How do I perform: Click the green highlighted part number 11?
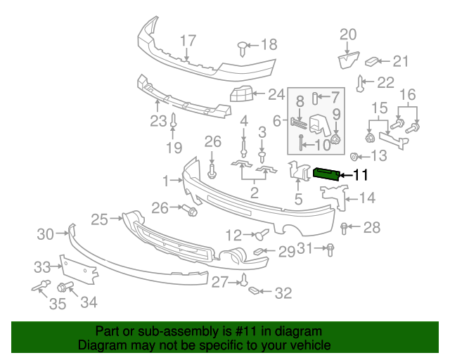coord(326,174)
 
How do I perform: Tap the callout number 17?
coord(187,40)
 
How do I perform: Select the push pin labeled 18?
coord(243,46)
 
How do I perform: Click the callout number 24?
coord(276,94)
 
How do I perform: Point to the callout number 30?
coord(45,234)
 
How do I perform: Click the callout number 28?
coord(371,227)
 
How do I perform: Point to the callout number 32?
coord(283,293)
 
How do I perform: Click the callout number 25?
coord(98,219)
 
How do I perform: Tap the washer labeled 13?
coord(354,156)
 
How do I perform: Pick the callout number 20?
coord(349,34)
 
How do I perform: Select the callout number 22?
coord(385,83)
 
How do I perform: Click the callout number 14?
coord(368,199)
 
